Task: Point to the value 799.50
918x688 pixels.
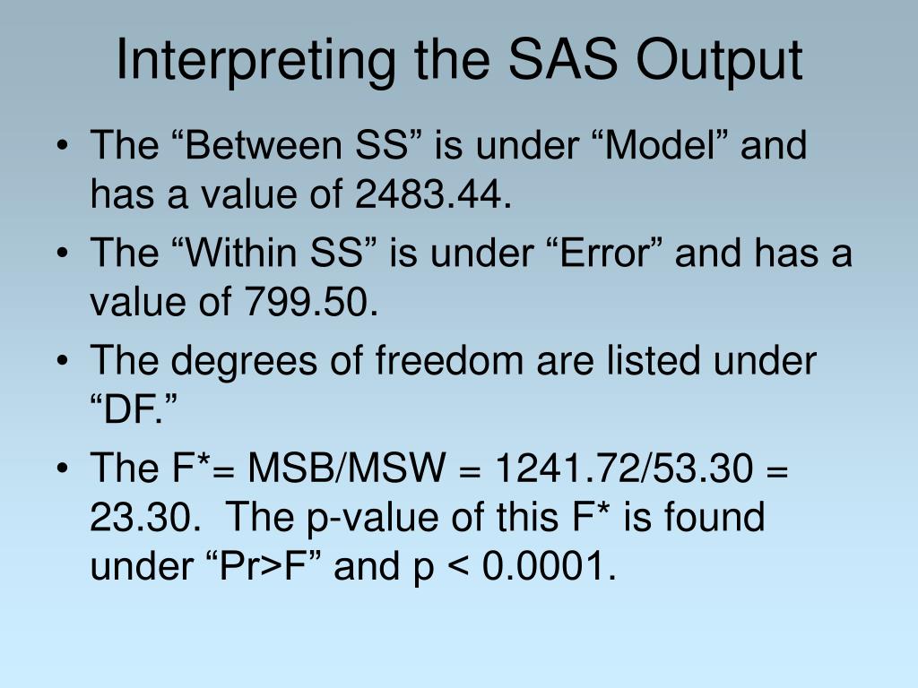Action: click(307, 304)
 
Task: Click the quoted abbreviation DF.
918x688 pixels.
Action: click(135, 411)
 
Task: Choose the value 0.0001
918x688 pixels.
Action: click(543, 567)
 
